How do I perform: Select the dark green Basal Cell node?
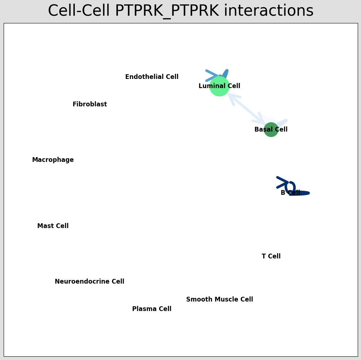pyautogui.click(x=271, y=130)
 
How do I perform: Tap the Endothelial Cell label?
pyautogui.click(x=152, y=77)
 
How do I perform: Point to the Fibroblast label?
pyautogui.click(x=90, y=105)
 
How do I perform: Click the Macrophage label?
pyautogui.click(x=53, y=160)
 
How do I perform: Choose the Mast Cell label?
pyautogui.click(x=53, y=226)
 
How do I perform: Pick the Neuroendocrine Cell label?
pyautogui.click(x=89, y=282)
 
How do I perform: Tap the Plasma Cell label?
pyautogui.click(x=152, y=309)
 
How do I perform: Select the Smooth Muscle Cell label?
pyautogui.click(x=219, y=300)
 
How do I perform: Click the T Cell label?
pyautogui.click(x=271, y=257)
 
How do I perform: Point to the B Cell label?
pyautogui.click(x=290, y=193)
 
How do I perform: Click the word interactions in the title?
pyautogui.click(x=269, y=11)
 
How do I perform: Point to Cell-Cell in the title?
pyautogui.click(x=79, y=11)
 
